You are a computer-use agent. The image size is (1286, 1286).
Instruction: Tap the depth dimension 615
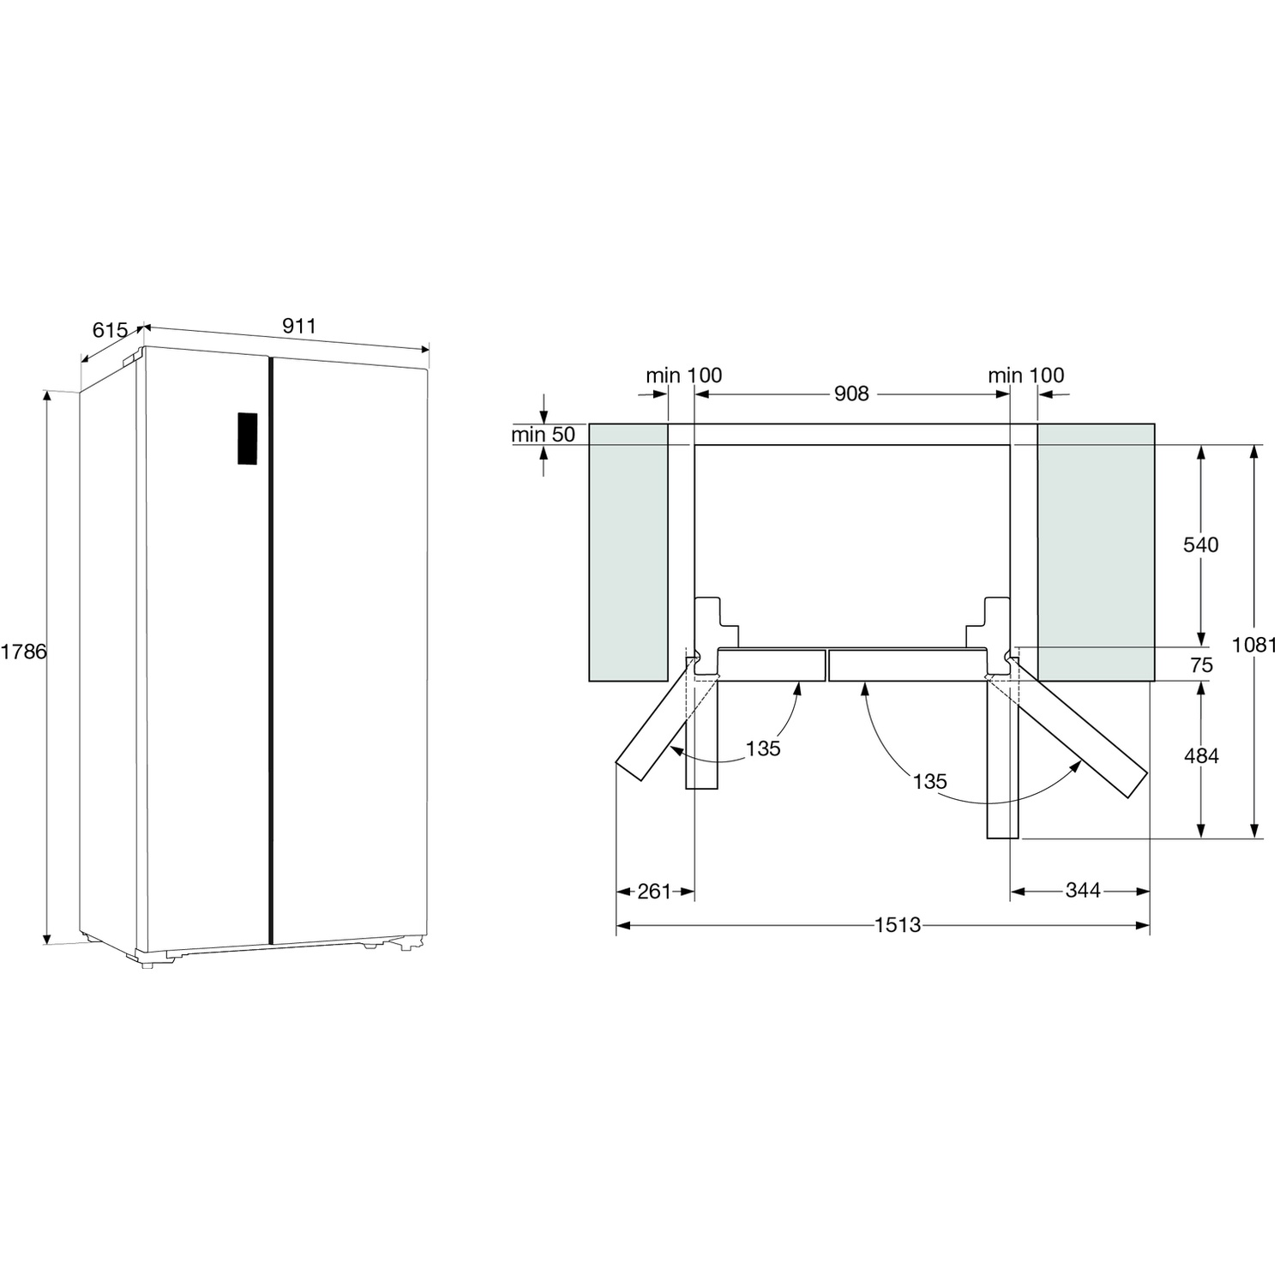(x=110, y=330)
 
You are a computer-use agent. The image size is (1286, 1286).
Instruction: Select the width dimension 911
(x=299, y=326)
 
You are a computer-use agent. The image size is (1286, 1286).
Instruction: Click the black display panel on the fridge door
(x=248, y=438)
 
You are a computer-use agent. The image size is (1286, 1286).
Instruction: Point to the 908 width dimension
(x=851, y=394)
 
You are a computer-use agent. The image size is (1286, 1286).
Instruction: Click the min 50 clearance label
(x=544, y=435)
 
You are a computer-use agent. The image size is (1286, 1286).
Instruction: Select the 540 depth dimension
(x=1201, y=544)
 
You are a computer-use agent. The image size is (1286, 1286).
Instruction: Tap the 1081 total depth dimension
(x=1254, y=645)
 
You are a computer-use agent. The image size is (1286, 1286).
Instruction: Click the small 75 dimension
(x=1202, y=665)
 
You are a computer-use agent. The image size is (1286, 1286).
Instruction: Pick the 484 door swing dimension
(x=1201, y=756)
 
